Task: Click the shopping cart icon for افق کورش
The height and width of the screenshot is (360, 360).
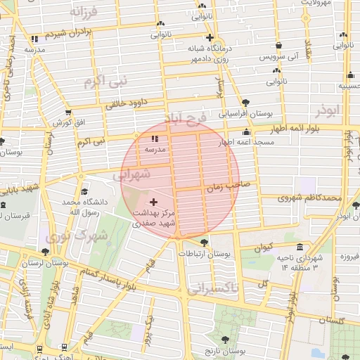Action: tap(67, 112)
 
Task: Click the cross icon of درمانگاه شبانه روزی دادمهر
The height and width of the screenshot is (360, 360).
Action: tap(210, 38)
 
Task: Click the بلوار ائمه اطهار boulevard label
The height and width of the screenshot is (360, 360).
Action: tap(304, 129)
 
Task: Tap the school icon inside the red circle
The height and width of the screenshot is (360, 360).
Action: tap(154, 139)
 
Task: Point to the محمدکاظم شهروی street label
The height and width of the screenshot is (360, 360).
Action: tap(309, 198)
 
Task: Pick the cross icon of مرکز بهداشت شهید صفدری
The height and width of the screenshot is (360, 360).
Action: tap(154, 202)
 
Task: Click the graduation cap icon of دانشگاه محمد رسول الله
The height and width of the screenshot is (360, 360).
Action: tap(84, 192)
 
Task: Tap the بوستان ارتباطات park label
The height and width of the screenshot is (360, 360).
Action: tap(210, 252)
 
